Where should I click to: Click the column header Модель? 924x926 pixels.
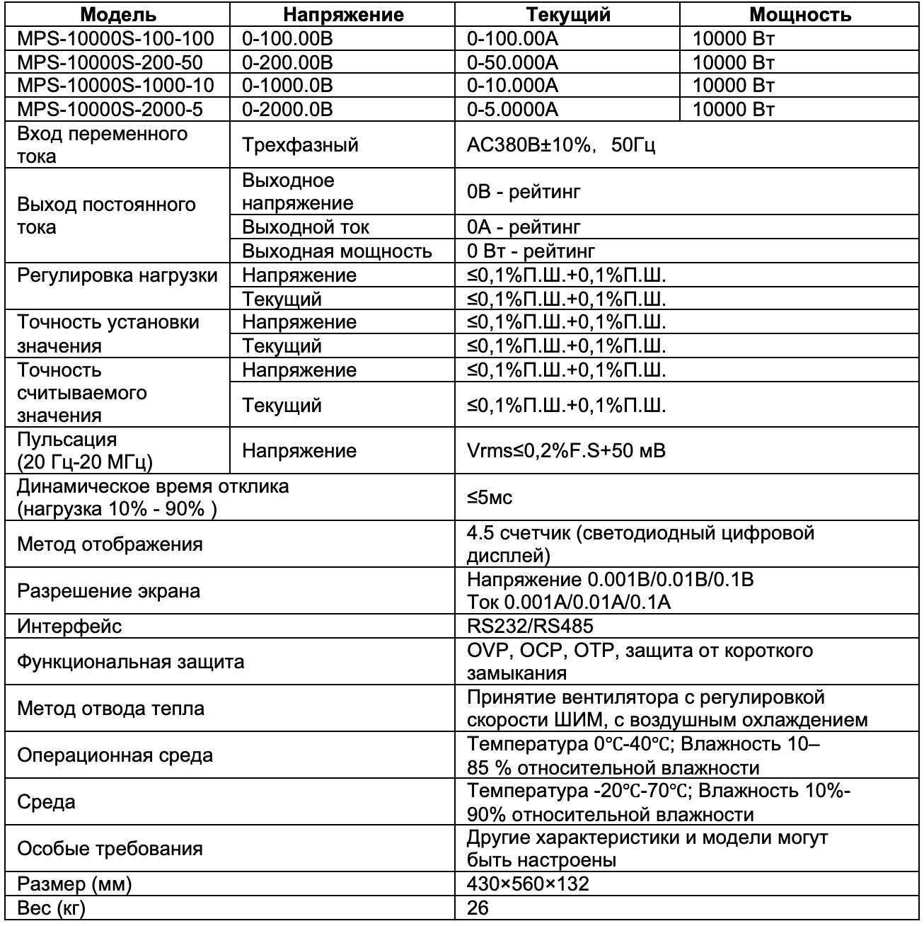click(117, 15)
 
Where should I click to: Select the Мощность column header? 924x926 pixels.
click(799, 15)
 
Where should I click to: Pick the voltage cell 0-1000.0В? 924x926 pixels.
click(287, 86)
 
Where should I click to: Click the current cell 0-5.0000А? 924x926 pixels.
click(512, 109)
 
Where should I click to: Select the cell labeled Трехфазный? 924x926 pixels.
click(300, 145)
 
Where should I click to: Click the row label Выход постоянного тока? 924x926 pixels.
click(106, 216)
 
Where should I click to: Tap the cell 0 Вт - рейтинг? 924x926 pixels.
click(531, 251)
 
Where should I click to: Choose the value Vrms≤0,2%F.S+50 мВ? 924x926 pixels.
click(566, 451)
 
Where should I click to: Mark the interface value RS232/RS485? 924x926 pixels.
click(530, 626)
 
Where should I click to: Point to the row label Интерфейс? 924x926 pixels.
click(69, 626)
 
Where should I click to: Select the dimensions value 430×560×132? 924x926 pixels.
click(528, 884)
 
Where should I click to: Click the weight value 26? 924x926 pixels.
click(478, 908)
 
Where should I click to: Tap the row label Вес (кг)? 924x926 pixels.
click(51, 908)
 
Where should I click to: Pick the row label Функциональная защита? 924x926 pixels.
click(131, 662)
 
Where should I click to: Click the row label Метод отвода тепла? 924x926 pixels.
click(110, 709)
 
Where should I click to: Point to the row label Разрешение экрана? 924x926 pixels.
click(108, 591)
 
